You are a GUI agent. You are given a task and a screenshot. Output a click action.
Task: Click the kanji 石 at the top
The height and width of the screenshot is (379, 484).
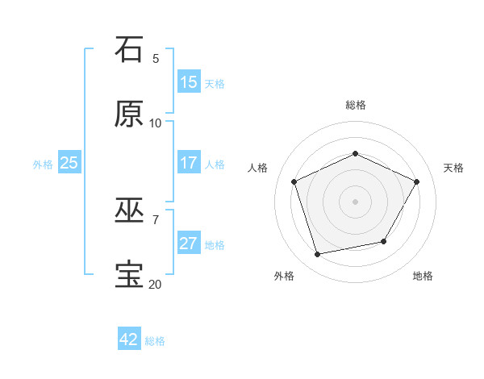(129, 49)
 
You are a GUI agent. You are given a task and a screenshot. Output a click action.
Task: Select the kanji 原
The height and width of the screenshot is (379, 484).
(129, 114)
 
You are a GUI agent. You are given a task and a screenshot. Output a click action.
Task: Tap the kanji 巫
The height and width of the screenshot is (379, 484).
(129, 210)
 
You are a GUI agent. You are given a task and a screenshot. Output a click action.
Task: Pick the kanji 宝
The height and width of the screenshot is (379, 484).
(129, 275)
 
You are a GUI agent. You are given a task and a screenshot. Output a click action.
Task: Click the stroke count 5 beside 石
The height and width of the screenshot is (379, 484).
(156, 58)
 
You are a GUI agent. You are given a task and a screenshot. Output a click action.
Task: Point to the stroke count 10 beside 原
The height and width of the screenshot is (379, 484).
(156, 123)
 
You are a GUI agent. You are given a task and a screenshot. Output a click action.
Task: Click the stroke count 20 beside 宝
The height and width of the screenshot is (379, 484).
(156, 284)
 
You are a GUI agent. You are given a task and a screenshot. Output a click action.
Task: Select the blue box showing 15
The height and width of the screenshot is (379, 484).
(189, 82)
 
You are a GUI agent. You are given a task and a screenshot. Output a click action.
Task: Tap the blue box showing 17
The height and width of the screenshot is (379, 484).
(189, 163)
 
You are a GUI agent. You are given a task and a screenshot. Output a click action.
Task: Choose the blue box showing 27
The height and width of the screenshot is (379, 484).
(189, 244)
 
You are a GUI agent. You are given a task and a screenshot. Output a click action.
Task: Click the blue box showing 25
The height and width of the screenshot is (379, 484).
(69, 163)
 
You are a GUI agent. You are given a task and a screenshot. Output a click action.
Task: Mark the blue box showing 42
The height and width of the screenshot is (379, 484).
(129, 339)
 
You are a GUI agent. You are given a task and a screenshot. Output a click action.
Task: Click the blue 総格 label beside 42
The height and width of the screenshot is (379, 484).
(155, 341)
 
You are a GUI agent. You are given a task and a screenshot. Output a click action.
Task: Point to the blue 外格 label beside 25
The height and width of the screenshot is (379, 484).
(43, 165)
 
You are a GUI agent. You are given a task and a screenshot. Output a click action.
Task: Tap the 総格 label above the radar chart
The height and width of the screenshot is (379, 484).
(355, 105)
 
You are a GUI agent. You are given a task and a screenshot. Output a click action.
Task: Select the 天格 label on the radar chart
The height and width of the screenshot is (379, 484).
(453, 168)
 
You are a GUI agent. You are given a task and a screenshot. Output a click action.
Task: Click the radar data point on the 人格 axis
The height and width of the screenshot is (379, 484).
(294, 181)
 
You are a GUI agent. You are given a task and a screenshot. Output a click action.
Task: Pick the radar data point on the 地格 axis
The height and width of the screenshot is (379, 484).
(384, 241)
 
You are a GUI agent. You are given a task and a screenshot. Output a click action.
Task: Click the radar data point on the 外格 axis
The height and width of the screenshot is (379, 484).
(318, 254)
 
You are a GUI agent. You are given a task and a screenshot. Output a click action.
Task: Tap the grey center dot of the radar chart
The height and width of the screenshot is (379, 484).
(355, 201)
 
